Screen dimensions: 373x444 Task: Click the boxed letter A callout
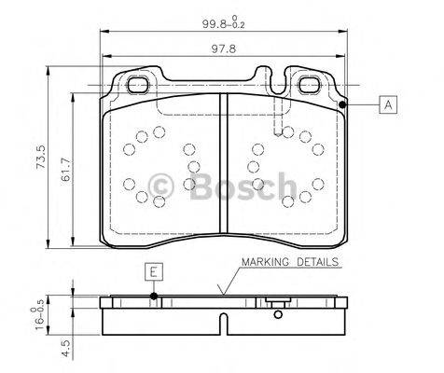[385, 105]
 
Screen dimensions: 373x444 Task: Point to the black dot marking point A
[343, 105]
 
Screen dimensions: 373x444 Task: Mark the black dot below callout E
[155, 297]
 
